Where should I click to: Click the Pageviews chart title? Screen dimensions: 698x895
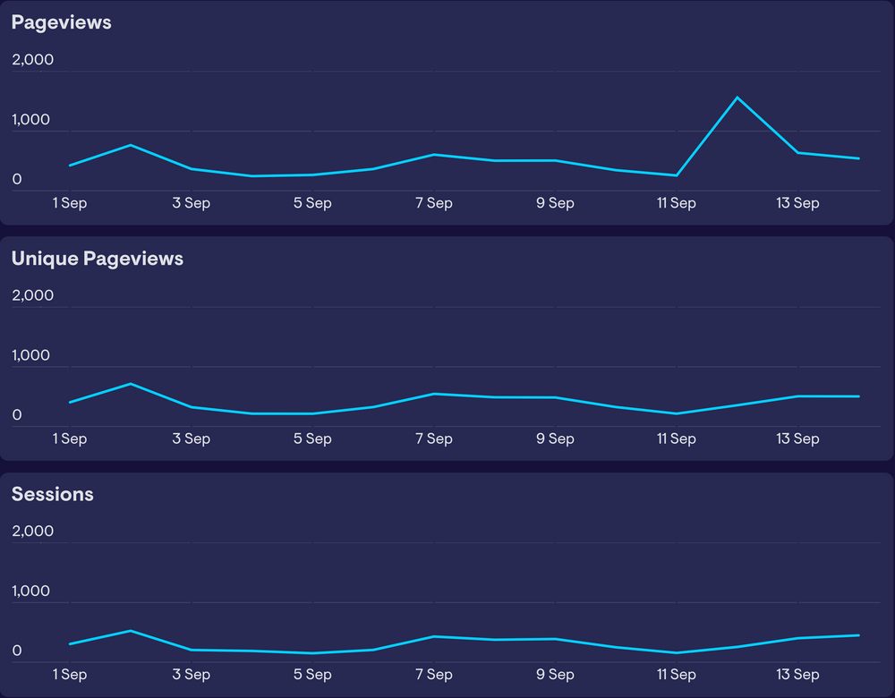pos(61,22)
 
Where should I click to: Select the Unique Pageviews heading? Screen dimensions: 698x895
pos(97,259)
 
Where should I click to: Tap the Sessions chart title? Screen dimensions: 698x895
pos(52,494)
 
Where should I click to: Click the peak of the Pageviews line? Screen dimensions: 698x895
pos(737,98)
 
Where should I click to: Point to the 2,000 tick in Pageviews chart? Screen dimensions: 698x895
pos(32,60)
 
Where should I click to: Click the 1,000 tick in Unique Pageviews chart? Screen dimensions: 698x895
pos(30,355)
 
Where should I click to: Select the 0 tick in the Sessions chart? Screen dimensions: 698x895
pos(16,651)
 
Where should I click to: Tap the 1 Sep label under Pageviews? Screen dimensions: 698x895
pos(70,203)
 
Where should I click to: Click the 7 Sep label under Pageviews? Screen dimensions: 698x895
pos(433,203)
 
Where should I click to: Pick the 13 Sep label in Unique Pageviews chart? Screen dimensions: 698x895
pos(797,438)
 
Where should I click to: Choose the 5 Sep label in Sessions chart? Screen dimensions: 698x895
pos(312,674)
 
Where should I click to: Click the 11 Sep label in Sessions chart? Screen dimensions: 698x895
pos(676,674)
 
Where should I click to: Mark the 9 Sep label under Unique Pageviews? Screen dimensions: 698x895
pos(555,438)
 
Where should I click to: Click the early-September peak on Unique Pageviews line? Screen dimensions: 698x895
pos(131,384)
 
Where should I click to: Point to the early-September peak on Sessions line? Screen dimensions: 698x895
pos(131,631)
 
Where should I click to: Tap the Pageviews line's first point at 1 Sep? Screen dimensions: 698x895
pos(70,166)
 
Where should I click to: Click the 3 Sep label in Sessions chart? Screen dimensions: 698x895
pos(191,674)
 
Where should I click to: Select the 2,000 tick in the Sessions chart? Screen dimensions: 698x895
pos(32,531)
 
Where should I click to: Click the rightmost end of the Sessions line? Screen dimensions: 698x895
pos(858,635)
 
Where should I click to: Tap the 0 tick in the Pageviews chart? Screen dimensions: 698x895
pos(16,180)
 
